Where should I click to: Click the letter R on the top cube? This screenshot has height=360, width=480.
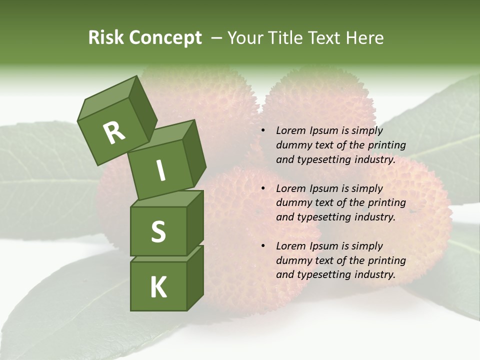click(114, 132)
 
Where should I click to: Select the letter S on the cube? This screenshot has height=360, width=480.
click(158, 232)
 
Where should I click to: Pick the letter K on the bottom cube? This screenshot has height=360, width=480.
click(158, 287)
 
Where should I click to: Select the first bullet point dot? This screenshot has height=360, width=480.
click(263, 131)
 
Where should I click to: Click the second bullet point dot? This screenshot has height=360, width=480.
click(263, 188)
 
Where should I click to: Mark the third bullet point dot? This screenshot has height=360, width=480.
click(263, 246)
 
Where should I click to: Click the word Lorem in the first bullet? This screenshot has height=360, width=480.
click(290, 130)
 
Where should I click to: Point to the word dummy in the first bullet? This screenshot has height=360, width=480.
click(292, 145)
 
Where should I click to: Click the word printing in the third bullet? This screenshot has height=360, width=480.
click(386, 260)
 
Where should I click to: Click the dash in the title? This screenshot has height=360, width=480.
click(217, 38)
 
